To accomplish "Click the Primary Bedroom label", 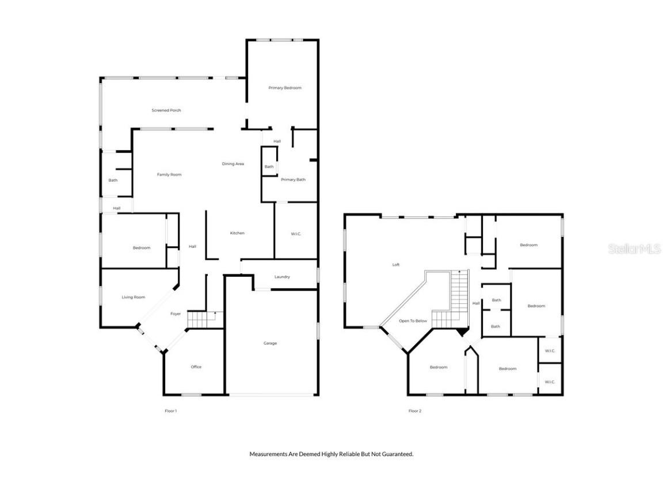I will pos(285,88).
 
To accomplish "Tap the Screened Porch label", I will pos(166,110).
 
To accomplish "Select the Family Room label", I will pos(169,175).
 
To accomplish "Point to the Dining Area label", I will pos(233,165).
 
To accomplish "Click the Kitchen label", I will pos(237,234).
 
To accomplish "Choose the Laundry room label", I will pos(282,277).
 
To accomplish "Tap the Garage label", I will pos(270,343).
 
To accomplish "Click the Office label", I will pos(196,367).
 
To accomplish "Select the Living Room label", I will pos(133,297).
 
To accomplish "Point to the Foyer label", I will pos(176,314).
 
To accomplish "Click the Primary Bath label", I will pos(293,180).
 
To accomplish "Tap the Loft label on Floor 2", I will pos(396,265).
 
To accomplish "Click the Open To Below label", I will pos(413,321).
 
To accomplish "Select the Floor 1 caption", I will pos(171,411).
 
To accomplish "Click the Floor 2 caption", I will pos(415,411).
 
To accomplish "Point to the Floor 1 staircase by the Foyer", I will pos(204,319).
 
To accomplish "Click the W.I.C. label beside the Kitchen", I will pos(296,234).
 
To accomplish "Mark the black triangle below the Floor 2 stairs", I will pos(461,332).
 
